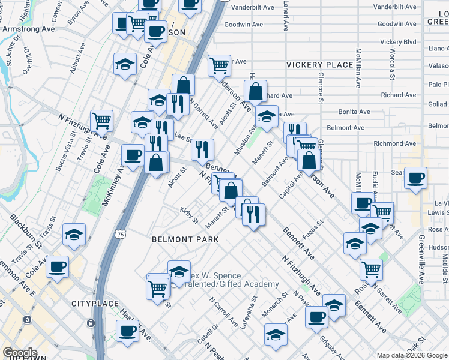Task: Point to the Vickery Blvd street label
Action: pos(398,42)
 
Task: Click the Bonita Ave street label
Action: pos(354,112)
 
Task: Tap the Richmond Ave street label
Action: pos(394,143)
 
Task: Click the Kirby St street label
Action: pos(189,215)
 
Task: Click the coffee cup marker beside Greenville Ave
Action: pos(415,178)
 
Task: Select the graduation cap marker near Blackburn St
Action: pos(74,235)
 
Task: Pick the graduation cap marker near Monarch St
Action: pos(276,334)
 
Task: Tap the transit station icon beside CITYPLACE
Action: pos(91,323)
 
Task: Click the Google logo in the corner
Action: pos(20,353)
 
